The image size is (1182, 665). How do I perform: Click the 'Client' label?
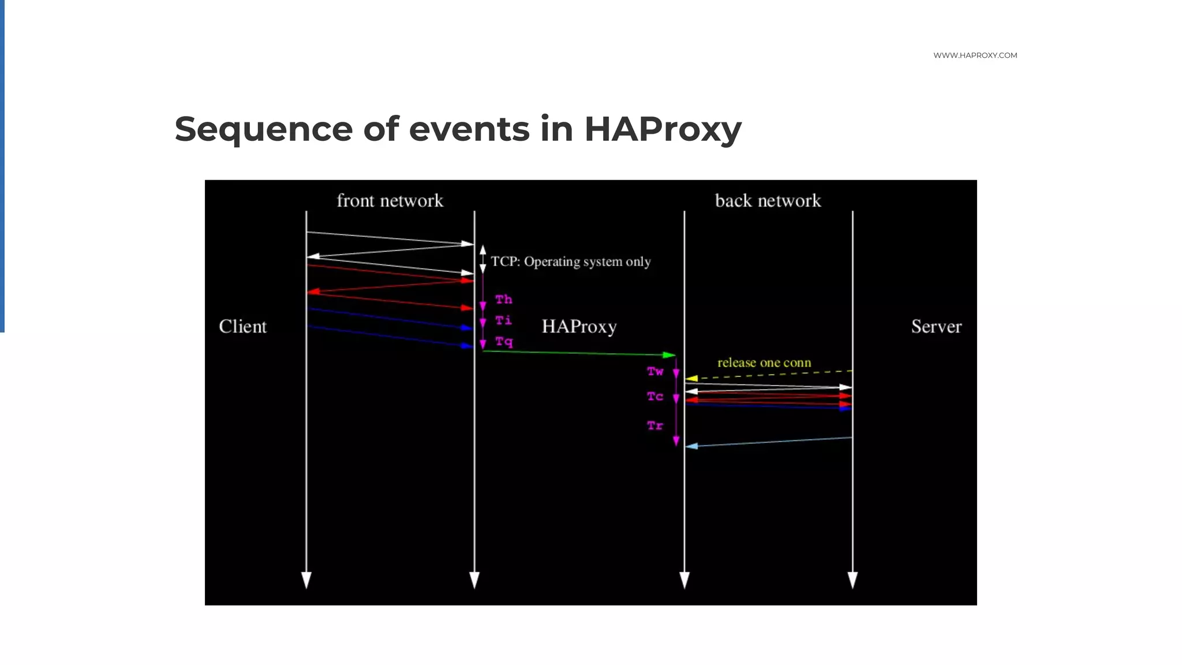click(242, 327)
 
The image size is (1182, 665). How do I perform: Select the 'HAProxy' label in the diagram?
click(579, 327)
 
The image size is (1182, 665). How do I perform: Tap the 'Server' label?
click(936, 327)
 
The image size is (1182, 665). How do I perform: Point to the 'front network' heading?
click(390, 201)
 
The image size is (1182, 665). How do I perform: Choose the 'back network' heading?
click(768, 201)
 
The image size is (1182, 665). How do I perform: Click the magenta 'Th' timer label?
click(503, 300)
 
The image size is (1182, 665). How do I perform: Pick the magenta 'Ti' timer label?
click(503, 320)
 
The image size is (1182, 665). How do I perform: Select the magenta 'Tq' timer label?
click(504, 342)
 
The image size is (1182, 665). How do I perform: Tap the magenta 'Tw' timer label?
click(655, 372)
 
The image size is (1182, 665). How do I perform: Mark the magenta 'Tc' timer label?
click(655, 397)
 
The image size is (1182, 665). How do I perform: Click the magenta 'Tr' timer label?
click(655, 426)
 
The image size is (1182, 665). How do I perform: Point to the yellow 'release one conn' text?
click(764, 363)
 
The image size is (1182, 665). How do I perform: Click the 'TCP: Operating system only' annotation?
click(570, 262)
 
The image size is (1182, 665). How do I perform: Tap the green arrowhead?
click(669, 355)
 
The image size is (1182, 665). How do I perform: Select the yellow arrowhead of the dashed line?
click(691, 379)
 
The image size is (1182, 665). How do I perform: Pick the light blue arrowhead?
click(691, 446)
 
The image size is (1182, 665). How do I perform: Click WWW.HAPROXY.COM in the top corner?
click(975, 55)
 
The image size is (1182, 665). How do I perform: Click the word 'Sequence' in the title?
click(263, 129)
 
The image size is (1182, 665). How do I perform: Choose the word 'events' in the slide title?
click(469, 129)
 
